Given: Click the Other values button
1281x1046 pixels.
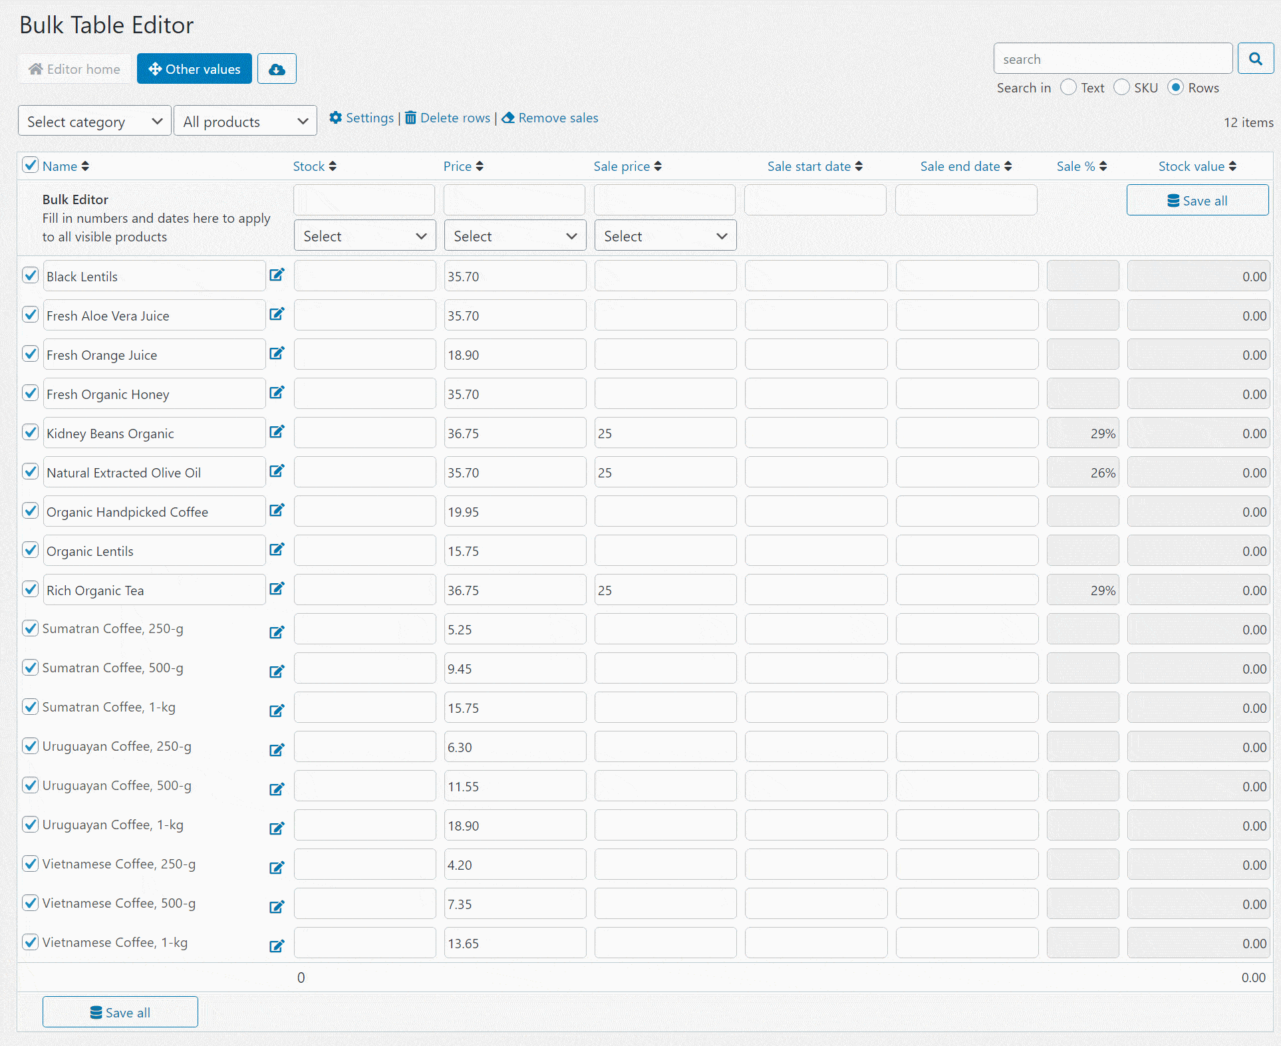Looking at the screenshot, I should point(194,68).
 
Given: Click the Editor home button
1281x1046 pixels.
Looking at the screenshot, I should point(74,68).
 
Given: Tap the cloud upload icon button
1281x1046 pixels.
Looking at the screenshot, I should point(277,68).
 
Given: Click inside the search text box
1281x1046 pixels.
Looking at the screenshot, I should point(1112,59).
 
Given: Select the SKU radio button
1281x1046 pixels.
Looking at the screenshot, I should point(1122,87).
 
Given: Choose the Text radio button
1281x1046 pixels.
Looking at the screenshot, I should point(1069,87).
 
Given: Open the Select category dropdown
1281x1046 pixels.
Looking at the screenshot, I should point(94,121).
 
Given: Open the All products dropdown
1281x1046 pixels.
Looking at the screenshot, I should point(245,121).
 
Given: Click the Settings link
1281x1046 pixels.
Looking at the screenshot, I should point(362,118).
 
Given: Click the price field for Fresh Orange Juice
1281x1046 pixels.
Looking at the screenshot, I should point(515,355).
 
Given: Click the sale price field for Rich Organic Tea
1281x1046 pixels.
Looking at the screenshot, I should point(665,590).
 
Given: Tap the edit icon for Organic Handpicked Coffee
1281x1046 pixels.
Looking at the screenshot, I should point(277,511).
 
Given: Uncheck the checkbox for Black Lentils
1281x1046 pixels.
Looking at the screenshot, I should point(31,275).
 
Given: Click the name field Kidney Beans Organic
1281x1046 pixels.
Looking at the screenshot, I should point(154,434).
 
